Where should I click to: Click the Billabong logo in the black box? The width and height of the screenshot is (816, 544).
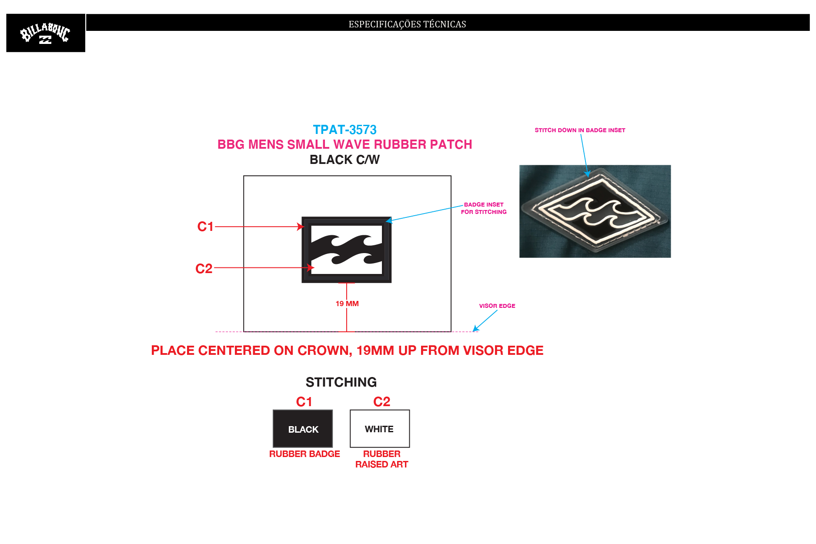(45, 33)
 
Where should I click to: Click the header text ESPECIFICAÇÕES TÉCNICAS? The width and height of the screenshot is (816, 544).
(407, 24)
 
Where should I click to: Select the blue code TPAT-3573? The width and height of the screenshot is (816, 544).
(344, 130)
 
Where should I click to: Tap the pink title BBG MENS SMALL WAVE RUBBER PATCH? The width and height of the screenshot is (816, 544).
(344, 144)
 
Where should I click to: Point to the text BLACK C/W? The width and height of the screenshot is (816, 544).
(344, 160)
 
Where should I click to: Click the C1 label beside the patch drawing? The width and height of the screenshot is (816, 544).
(205, 227)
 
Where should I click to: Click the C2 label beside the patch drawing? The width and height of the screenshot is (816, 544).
(204, 269)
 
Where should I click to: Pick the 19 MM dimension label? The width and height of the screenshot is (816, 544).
(347, 304)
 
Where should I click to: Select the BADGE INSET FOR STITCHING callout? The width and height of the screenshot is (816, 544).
(484, 208)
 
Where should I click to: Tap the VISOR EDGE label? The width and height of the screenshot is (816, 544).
(497, 306)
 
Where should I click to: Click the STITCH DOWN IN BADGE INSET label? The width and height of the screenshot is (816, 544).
(580, 130)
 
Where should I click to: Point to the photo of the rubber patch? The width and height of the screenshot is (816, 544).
(595, 211)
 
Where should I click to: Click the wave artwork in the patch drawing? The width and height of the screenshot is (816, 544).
(347, 250)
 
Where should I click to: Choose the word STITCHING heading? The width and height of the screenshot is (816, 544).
(341, 382)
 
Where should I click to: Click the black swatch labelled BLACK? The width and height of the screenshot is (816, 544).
(303, 429)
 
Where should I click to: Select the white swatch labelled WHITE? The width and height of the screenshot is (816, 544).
(380, 429)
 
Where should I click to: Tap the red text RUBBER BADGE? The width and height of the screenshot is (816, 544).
(304, 454)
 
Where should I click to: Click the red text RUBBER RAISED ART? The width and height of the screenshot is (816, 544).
(381, 459)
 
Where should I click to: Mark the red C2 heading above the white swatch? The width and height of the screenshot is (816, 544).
(381, 402)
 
